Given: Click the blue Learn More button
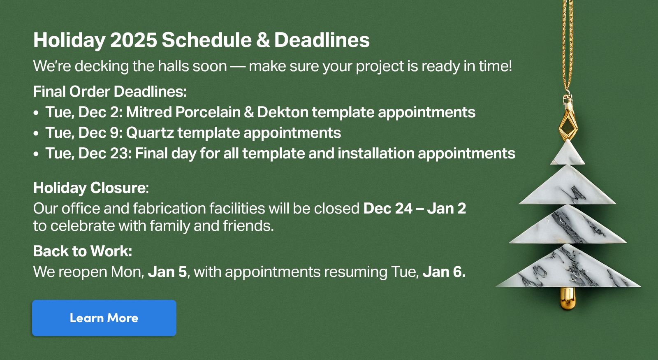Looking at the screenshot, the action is pos(104,318).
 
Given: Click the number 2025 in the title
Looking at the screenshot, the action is pos(134,39).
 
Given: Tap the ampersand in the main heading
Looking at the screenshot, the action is pos(263,39).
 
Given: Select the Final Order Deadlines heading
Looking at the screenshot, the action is pos(110,91).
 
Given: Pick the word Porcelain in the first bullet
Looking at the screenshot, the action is pos(208,112).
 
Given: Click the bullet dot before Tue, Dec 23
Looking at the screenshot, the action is pos(36,154).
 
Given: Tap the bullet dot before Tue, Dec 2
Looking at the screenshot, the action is pos(36,113).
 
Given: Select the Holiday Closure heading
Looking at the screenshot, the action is pos(91,188).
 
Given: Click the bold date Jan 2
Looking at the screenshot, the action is pos(447,208).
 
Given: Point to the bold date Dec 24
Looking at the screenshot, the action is pos(388,208).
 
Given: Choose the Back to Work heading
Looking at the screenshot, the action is pos(83,251).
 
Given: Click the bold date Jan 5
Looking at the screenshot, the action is pos(167,272).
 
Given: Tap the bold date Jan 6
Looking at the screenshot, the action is pos(444,272).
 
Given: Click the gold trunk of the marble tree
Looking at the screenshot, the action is pos(568,298).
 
